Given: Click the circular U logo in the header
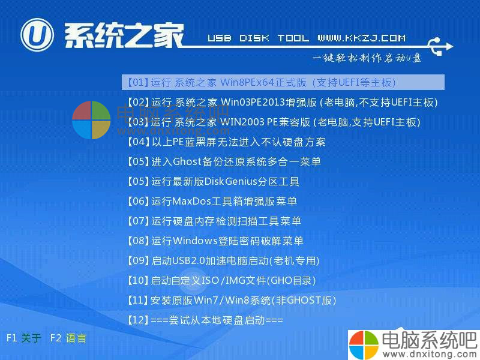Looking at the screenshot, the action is [37, 35].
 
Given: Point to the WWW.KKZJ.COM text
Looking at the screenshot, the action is [362, 38].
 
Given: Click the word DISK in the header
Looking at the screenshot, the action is [254, 38].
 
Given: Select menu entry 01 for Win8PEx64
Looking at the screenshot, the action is [262, 82].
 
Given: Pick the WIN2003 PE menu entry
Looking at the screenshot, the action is [274, 122].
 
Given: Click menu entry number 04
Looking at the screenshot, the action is [226, 142].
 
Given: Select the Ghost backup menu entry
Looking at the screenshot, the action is [224, 161].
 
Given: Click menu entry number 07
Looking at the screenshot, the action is [214, 221].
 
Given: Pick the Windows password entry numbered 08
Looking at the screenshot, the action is [215, 241].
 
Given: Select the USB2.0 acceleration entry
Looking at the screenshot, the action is [223, 260].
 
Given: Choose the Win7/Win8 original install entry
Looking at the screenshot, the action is [232, 301].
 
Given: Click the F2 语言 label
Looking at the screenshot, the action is [68, 338].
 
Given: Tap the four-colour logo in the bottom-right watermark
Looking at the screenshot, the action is [364, 344].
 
